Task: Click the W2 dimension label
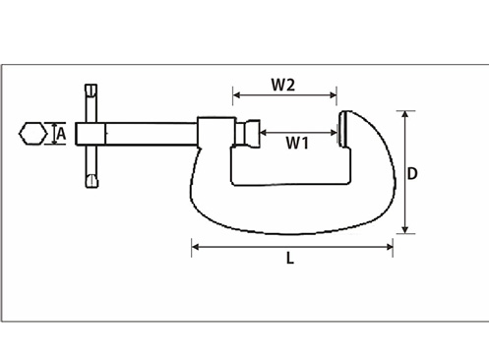[283, 85]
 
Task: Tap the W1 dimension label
[297, 143]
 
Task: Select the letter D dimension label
[412, 173]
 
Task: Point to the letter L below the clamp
[290, 258]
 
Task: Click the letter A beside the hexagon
[61, 134]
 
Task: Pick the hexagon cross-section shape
[32, 134]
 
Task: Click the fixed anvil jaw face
[342, 129]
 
